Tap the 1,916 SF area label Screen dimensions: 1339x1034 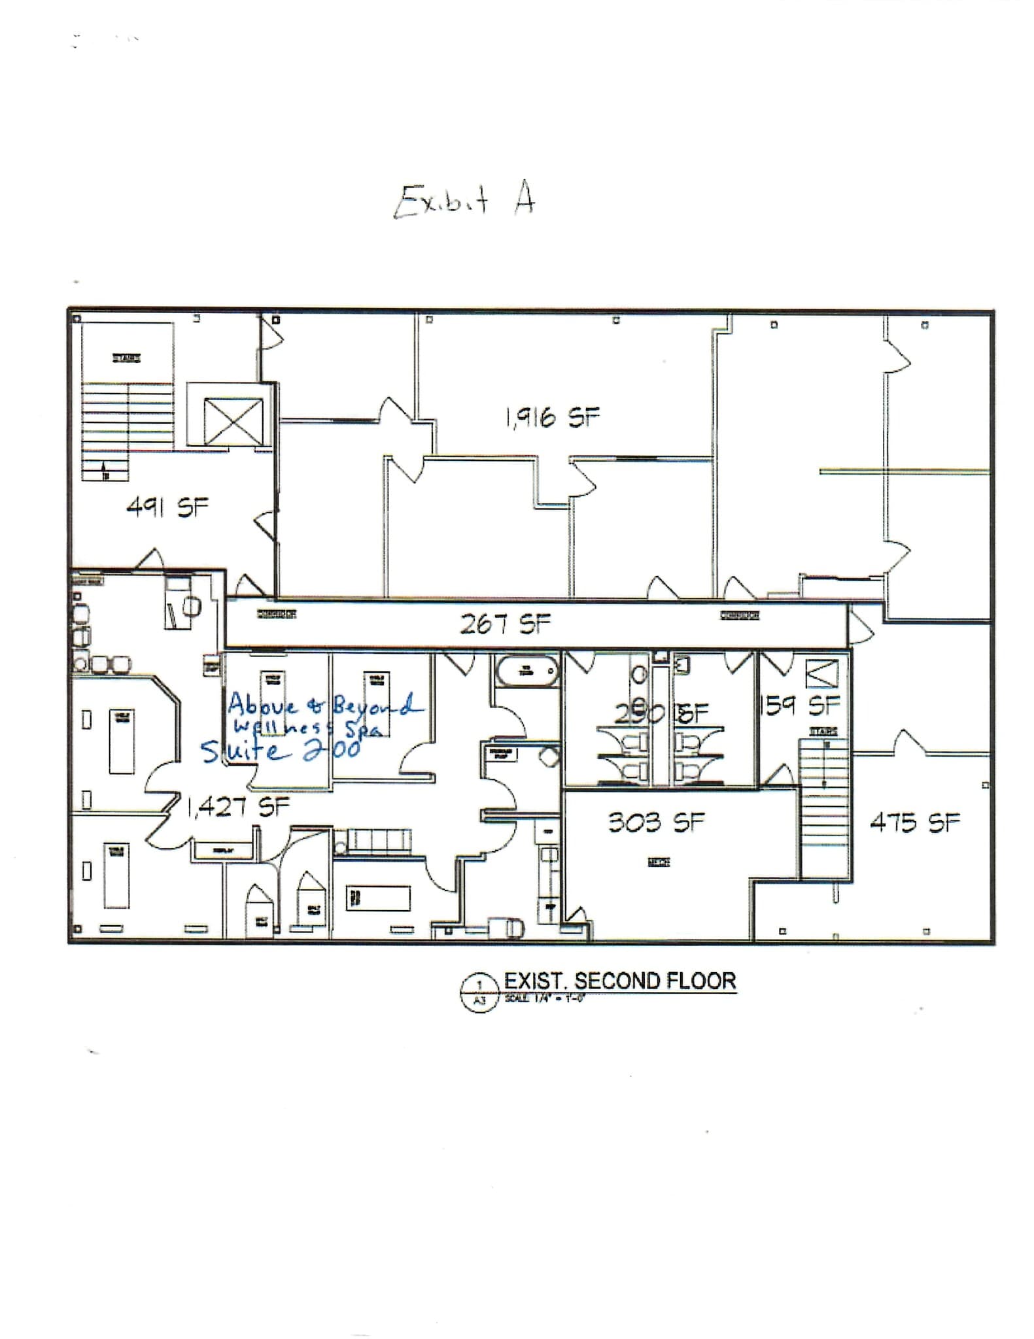552,417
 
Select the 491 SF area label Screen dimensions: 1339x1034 167,507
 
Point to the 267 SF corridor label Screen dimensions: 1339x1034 505,624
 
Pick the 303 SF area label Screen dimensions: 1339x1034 656,822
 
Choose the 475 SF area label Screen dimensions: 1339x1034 914,822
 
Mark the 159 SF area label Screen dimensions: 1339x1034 801,705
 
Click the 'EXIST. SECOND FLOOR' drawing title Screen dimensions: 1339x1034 620,981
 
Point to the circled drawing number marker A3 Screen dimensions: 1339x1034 480,993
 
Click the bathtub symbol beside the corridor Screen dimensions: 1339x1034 527,670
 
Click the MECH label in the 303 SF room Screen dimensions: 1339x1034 659,863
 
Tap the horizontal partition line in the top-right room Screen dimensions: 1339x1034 904,471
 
